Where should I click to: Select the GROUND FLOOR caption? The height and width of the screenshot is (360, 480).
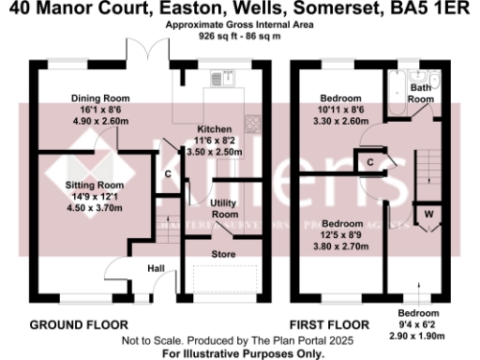(x=74, y=325)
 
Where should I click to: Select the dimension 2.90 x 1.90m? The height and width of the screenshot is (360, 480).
(x=418, y=335)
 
